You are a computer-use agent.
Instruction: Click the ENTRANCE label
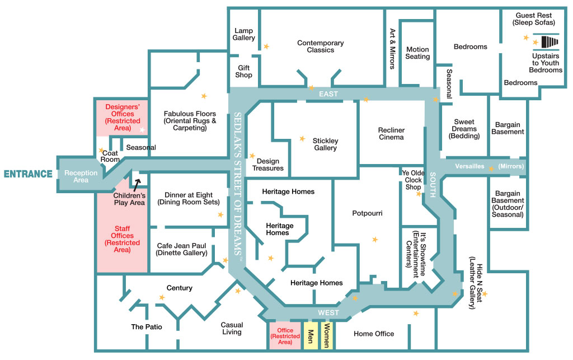(x=28, y=174)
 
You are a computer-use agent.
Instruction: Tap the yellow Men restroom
(x=311, y=335)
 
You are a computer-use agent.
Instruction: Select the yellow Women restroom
(x=327, y=335)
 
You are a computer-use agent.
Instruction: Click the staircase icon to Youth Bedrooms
(x=549, y=41)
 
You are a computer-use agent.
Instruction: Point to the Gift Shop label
(x=244, y=71)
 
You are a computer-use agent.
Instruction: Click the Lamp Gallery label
(x=244, y=34)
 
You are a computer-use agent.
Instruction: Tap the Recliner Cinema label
(x=391, y=134)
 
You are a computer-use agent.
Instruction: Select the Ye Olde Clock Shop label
(x=414, y=180)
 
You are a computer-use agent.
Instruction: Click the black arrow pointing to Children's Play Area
(x=137, y=185)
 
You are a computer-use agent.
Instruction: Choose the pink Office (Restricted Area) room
(x=285, y=336)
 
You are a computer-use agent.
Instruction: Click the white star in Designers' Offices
(x=142, y=130)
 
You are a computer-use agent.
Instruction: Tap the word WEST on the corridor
(x=328, y=313)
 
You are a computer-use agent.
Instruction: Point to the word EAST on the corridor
(x=328, y=94)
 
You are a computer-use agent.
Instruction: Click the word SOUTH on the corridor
(x=433, y=185)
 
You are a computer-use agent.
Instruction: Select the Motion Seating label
(x=417, y=53)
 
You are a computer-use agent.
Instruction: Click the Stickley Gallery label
(x=325, y=144)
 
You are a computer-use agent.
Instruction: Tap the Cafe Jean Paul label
(x=182, y=249)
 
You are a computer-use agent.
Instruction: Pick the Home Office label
(x=374, y=334)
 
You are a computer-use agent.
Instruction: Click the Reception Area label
(x=81, y=176)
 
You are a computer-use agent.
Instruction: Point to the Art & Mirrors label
(x=392, y=49)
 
